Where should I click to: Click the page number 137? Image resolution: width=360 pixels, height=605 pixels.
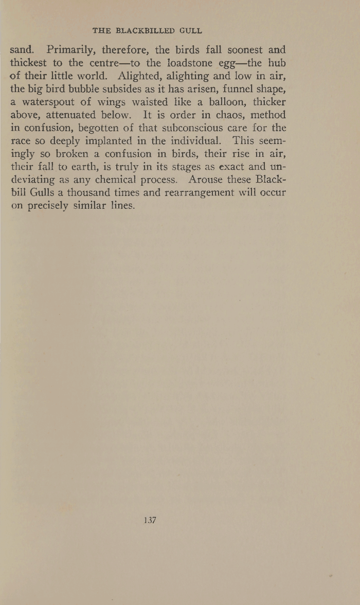(x=150, y=520)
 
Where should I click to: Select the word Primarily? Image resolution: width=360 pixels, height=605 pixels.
(x=71, y=51)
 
